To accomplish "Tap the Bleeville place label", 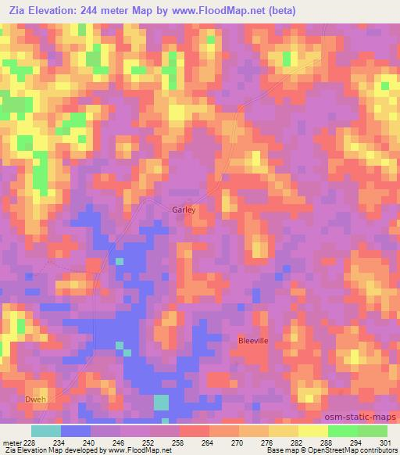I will point(252,341).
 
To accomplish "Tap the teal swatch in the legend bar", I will point(46,431).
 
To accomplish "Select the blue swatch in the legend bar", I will point(76,431).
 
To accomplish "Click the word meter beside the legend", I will point(11,442).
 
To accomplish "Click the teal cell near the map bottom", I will point(161,403).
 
